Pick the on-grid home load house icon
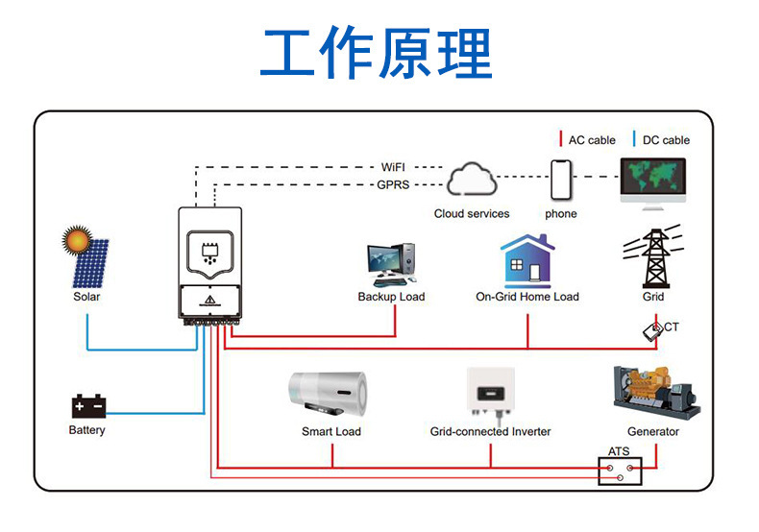(526, 259)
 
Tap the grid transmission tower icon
(653, 256)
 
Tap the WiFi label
(394, 167)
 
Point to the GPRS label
(394, 184)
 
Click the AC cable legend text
(592, 140)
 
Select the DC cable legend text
(666, 140)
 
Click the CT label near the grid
(672, 327)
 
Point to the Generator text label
(653, 432)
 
